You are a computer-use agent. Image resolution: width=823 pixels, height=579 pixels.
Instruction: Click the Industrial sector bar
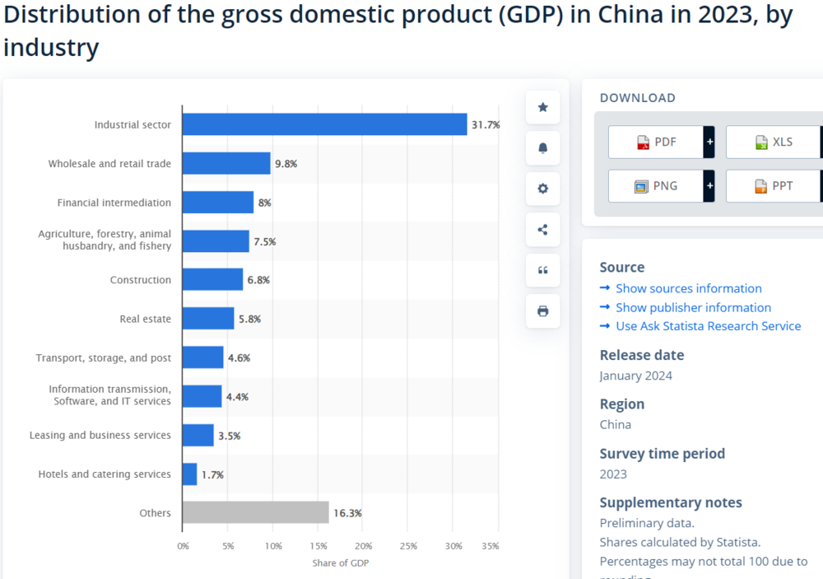(x=324, y=124)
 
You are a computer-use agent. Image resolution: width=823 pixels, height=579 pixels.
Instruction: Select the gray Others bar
(x=256, y=512)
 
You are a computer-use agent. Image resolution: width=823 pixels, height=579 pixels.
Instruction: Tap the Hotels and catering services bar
(x=189, y=474)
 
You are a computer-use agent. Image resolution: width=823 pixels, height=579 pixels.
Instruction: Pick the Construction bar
(x=212, y=279)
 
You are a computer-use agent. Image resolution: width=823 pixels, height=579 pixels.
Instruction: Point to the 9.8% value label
(x=286, y=164)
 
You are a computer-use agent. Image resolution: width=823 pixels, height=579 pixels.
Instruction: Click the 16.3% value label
(x=347, y=513)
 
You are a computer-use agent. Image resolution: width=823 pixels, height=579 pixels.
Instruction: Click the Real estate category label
(x=146, y=319)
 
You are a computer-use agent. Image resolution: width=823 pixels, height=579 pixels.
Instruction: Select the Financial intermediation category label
(x=114, y=203)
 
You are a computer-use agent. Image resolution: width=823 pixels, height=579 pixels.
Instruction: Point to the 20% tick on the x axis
(x=363, y=546)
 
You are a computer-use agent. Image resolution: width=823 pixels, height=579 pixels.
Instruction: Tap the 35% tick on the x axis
(x=491, y=546)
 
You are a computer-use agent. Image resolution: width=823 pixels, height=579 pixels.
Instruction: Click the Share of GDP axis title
(x=341, y=563)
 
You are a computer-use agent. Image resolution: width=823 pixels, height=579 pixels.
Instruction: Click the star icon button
(x=542, y=107)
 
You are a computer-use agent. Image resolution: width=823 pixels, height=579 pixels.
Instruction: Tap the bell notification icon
(x=542, y=148)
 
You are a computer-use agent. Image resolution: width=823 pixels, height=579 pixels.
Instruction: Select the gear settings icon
(x=542, y=189)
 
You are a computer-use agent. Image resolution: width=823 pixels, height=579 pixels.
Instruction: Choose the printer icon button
(x=542, y=311)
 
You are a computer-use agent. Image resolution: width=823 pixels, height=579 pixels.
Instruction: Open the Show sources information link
(x=689, y=288)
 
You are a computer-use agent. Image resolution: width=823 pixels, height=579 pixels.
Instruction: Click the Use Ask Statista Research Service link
(x=708, y=326)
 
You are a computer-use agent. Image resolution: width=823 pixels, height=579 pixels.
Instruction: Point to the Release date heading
(x=642, y=355)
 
